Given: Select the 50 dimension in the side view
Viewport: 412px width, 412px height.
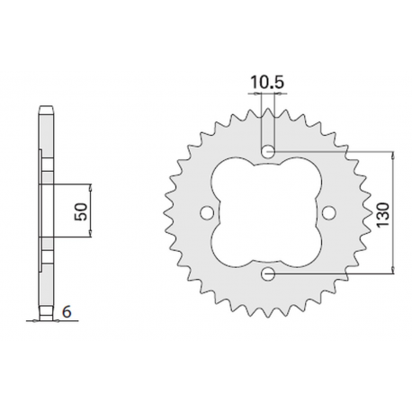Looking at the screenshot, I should click(80, 211).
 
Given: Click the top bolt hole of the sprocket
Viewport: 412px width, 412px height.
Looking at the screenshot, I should click(267, 150).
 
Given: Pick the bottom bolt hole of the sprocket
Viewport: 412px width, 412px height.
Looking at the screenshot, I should click(267, 273).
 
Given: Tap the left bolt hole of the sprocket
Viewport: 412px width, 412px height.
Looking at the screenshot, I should click(206, 211).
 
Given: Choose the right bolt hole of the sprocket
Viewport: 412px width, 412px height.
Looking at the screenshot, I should click(328, 211).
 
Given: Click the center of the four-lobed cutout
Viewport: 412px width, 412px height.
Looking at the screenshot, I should click(267, 211).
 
